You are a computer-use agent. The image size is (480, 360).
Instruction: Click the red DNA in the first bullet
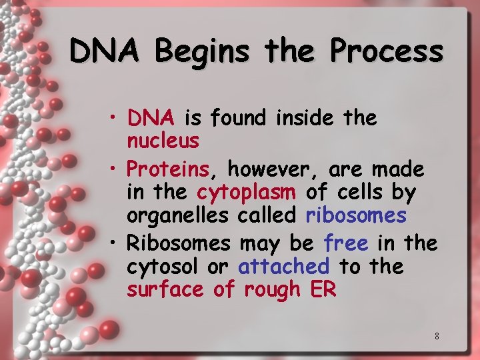(x=151, y=118)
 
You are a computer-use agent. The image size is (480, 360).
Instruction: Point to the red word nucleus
(x=163, y=141)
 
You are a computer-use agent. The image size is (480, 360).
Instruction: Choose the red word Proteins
(x=167, y=169)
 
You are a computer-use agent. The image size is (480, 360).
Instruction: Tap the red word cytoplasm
(x=246, y=193)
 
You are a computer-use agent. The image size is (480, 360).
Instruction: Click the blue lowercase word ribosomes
(x=356, y=215)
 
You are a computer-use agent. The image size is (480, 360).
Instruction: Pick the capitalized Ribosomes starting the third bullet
(x=178, y=243)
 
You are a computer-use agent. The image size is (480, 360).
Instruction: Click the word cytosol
(x=163, y=267)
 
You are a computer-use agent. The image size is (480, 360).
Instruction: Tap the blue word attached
(x=284, y=267)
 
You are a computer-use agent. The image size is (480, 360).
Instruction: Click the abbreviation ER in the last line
(x=323, y=290)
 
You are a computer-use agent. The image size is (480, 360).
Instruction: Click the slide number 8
(x=437, y=336)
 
